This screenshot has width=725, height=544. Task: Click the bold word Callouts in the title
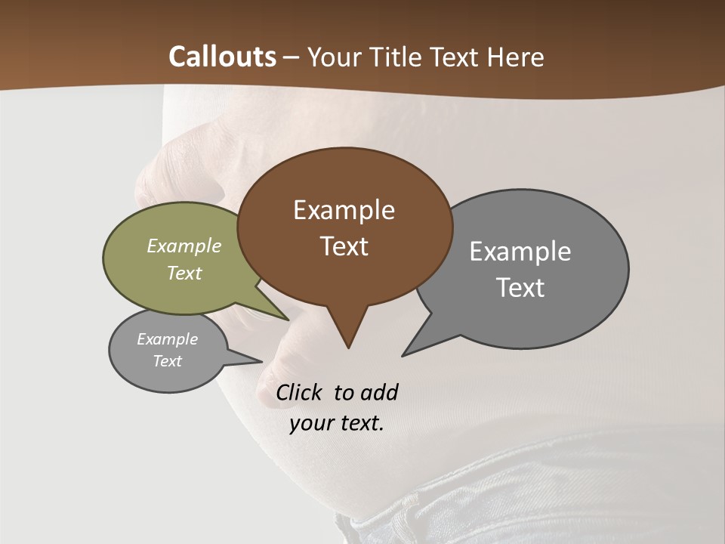222,57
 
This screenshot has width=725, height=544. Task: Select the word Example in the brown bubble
344,210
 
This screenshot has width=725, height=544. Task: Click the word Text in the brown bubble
344,246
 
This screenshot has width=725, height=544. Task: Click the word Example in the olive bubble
184,246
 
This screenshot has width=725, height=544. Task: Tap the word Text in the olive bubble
184,273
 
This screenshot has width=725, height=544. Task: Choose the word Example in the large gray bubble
520,251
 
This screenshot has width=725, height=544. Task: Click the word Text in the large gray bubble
520,288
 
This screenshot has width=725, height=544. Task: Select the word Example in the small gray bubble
168,339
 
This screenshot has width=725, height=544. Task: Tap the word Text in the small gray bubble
168,361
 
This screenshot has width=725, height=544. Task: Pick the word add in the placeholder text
379,392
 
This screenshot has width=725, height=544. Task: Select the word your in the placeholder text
310,423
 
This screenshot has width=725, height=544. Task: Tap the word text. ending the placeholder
359,423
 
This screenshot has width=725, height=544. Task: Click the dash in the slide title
292,57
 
